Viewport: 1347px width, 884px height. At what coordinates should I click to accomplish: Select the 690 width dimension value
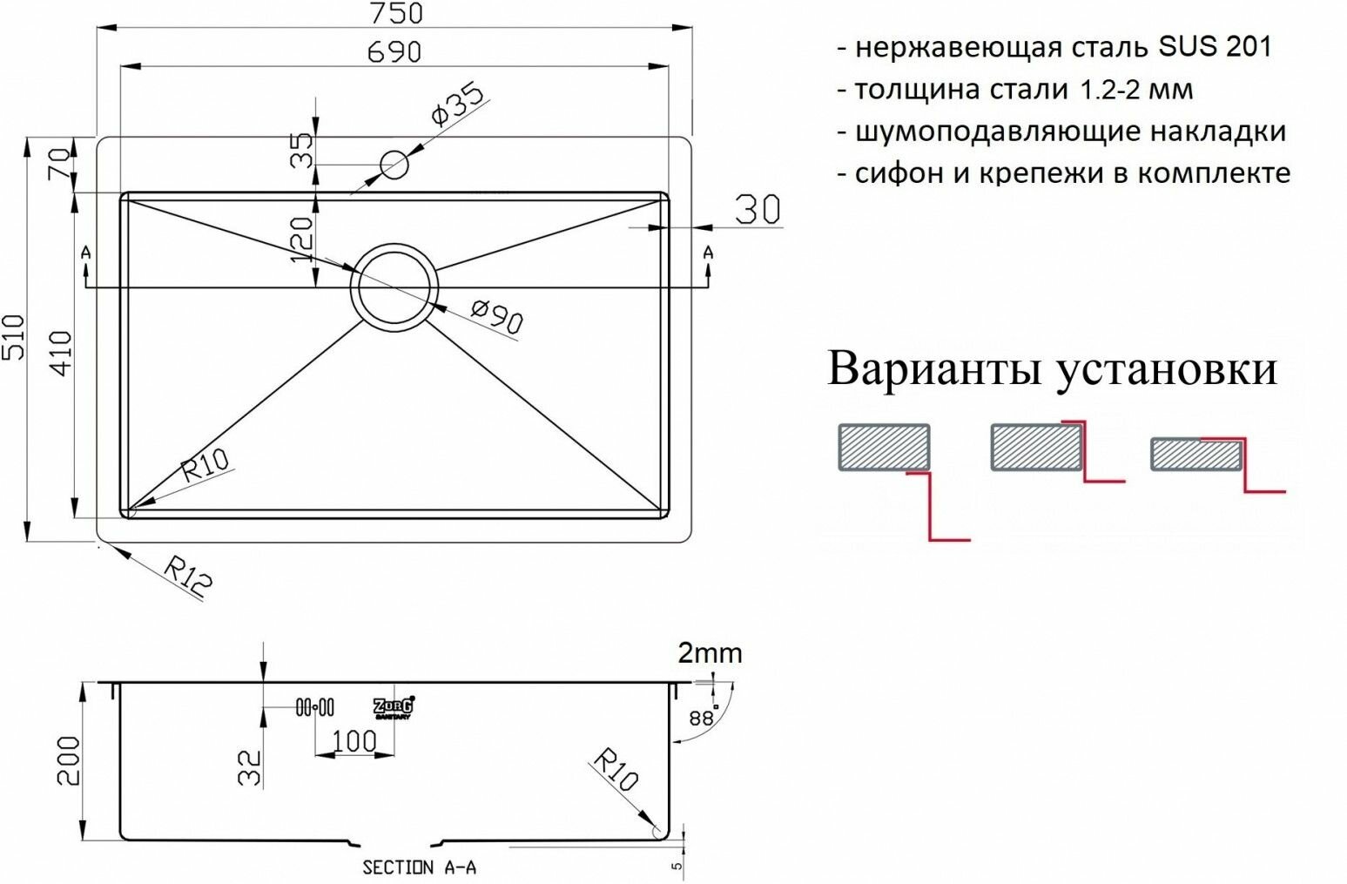click(394, 52)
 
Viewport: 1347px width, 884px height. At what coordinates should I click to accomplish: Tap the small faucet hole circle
click(394, 164)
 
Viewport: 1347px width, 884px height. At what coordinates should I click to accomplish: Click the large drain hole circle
click(394, 286)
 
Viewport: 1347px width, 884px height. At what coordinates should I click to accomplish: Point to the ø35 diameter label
click(456, 105)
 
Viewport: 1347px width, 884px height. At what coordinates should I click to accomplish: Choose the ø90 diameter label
click(496, 317)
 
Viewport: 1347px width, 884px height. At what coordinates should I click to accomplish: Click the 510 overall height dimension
click(15, 338)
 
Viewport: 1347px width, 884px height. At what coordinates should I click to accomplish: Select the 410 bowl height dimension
click(61, 353)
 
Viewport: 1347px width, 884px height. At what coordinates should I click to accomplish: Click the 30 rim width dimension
click(758, 210)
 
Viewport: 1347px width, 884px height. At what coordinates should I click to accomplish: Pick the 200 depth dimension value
click(68, 760)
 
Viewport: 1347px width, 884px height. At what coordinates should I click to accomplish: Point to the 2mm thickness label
click(710, 653)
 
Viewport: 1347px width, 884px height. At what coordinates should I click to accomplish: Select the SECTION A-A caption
click(419, 867)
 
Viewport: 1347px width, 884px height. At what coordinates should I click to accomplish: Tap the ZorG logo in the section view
click(394, 707)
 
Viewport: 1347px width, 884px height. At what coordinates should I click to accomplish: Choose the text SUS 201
click(1215, 46)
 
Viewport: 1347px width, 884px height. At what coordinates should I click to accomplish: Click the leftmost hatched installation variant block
click(884, 447)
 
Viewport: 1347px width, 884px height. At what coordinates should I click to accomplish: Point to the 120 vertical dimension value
click(301, 239)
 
